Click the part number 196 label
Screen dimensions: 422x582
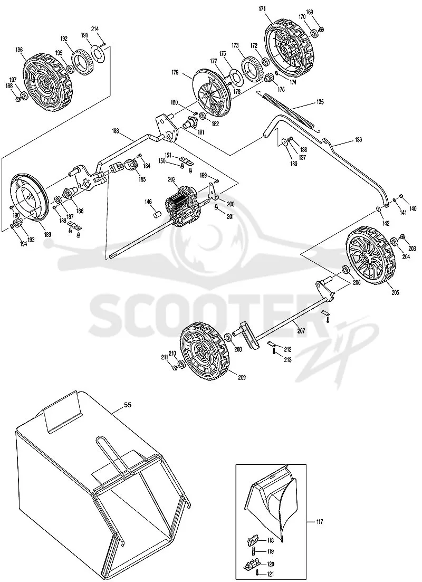[20, 49]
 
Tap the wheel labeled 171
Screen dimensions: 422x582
[286, 47]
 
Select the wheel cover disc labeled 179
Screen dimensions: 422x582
[211, 92]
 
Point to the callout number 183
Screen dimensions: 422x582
[116, 131]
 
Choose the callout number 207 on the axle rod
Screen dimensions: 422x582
[301, 331]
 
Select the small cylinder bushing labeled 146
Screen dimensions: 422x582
[158, 215]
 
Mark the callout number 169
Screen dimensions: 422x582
[310, 12]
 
